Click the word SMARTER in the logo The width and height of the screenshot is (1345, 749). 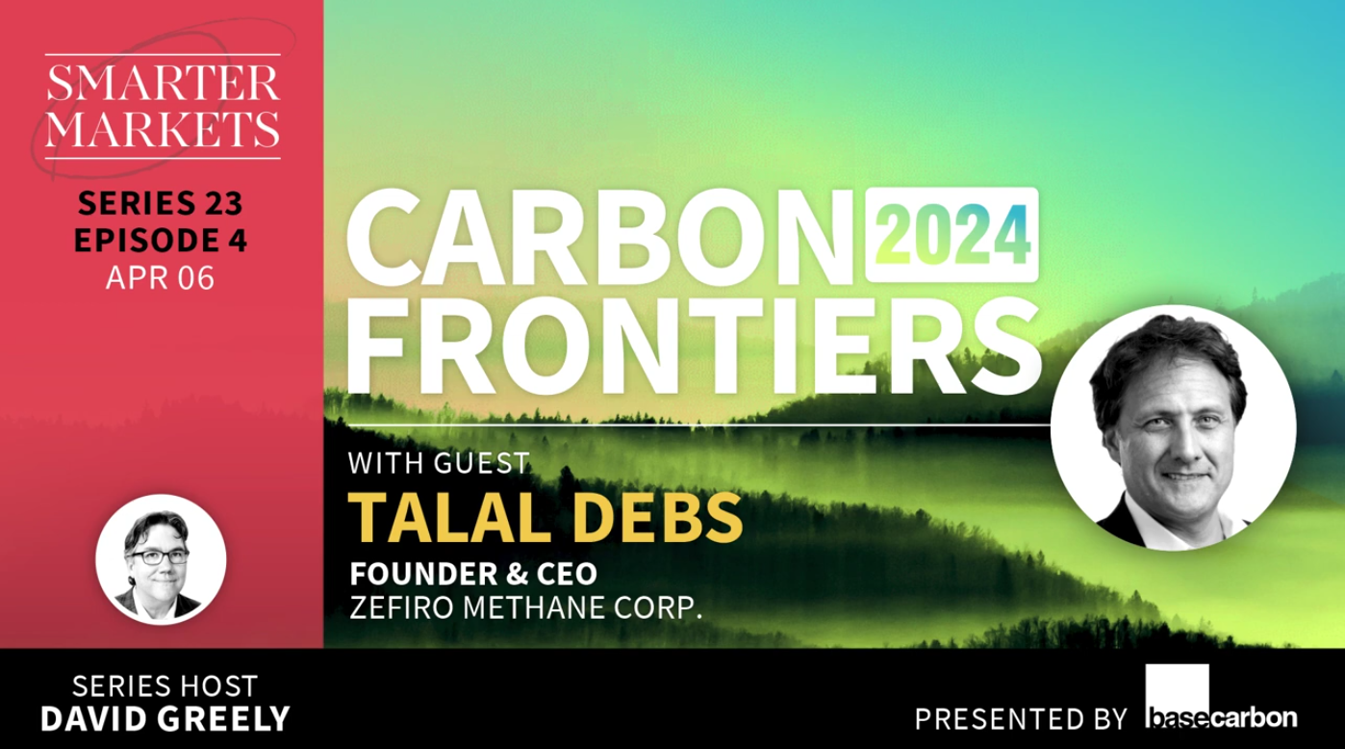pyautogui.click(x=162, y=85)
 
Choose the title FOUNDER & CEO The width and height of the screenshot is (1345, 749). pyautogui.click(x=473, y=574)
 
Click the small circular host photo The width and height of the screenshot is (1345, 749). pyautogui.click(x=162, y=562)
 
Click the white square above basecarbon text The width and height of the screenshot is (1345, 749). pyautogui.click(x=1178, y=685)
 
